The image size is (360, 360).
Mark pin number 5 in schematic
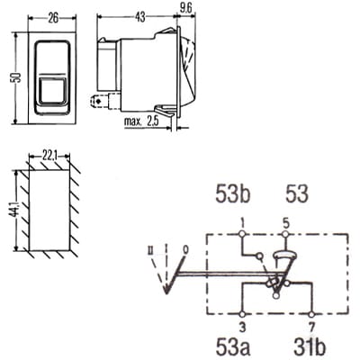tap(285, 221)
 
